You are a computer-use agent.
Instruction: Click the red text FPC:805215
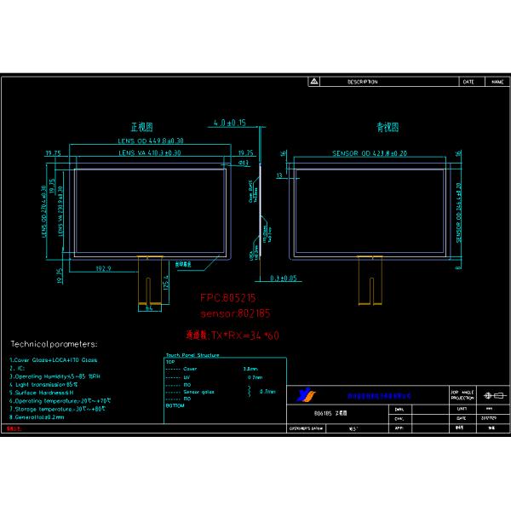[227, 300]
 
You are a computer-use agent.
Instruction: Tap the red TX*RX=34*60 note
[233, 335]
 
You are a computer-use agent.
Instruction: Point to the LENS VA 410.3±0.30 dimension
[150, 152]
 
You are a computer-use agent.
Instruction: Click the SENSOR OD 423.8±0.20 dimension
[368, 153]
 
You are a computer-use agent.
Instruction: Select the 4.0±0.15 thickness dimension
[229, 123]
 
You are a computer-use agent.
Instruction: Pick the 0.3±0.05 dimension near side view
[283, 278]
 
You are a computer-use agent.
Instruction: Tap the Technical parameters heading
[54, 344]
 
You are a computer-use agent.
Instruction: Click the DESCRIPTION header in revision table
[362, 82]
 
